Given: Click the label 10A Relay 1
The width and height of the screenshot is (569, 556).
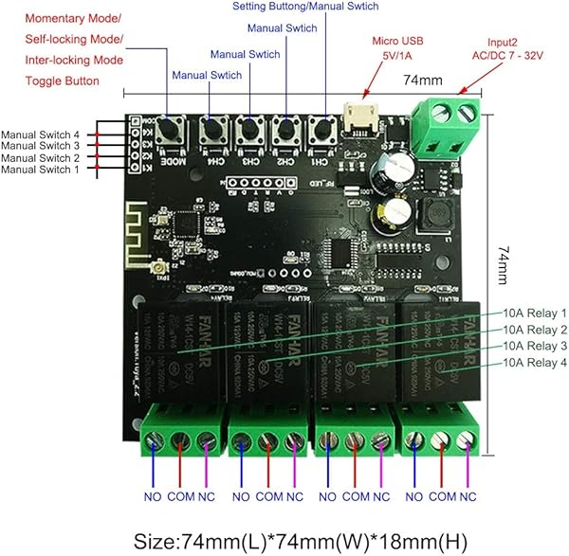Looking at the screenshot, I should pyautogui.click(x=535, y=312).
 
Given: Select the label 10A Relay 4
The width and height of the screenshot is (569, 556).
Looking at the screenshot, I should pyautogui.click(x=535, y=363).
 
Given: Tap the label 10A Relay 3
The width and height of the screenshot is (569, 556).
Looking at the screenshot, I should pyautogui.click(x=535, y=346).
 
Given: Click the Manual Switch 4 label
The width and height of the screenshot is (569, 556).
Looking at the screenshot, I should pyautogui.click(x=40, y=135).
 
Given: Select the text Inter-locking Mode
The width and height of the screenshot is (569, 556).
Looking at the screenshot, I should pyautogui.click(x=73, y=60).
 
